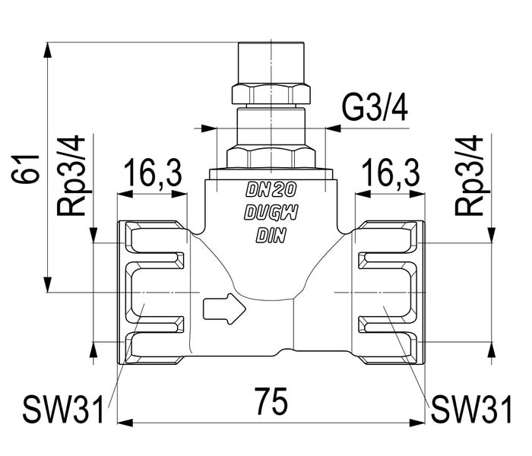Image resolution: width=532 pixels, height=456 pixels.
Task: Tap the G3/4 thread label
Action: (x=375, y=110)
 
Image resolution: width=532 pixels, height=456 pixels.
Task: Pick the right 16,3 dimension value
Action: (x=391, y=175)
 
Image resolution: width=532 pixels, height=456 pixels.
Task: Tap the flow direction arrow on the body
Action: (x=223, y=309)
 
